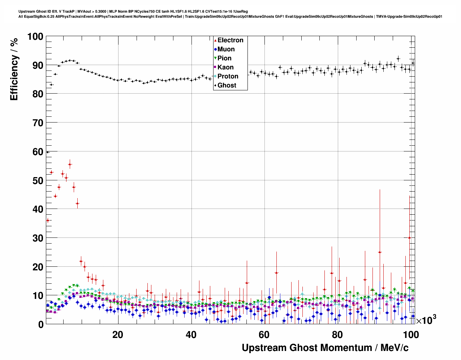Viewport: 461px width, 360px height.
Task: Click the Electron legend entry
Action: pos(230,40)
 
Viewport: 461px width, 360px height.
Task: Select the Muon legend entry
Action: pos(226,49)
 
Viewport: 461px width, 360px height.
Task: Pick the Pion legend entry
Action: pos(224,58)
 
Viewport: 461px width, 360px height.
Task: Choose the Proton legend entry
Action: pos(228,76)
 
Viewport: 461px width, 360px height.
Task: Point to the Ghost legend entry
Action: pos(227,85)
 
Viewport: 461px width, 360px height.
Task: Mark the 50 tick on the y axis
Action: pos(37,180)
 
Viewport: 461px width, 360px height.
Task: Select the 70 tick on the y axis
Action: pos(37,123)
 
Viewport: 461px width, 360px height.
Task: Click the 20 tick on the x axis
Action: pos(118,335)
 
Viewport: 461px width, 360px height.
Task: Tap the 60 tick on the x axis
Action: pos(264,335)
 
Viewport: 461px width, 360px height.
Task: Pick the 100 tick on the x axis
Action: pos(411,335)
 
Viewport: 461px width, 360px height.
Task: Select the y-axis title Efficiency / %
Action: pos(14,69)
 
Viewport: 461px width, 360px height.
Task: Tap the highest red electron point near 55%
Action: pos(70,164)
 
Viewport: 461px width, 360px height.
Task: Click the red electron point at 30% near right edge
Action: pos(409,237)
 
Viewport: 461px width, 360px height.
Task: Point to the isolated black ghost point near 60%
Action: pos(47,152)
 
